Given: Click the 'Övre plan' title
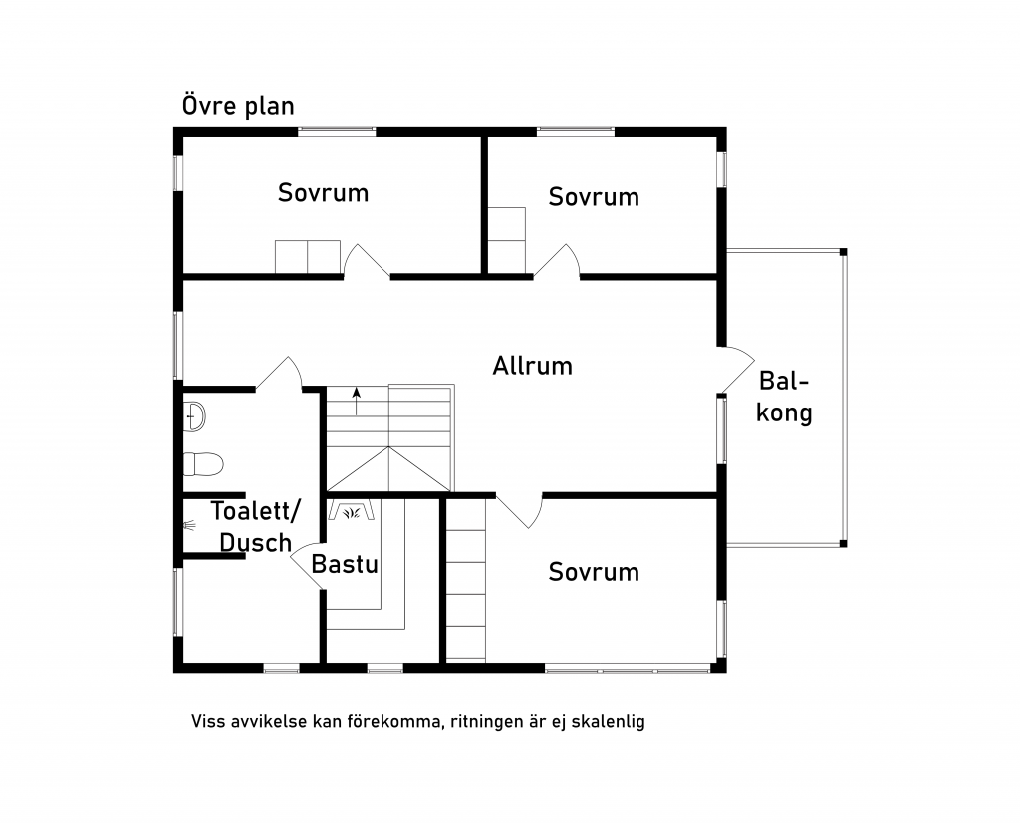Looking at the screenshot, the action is (x=238, y=106).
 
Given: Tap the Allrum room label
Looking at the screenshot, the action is (x=532, y=366).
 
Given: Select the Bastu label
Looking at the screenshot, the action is (x=345, y=564).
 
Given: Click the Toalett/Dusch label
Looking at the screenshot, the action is (x=256, y=526).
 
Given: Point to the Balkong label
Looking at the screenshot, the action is (x=784, y=398).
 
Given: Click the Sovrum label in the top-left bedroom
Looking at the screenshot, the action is (x=324, y=192).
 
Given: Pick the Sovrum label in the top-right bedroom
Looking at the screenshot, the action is (x=594, y=196).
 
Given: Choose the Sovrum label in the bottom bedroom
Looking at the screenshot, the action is (x=594, y=572).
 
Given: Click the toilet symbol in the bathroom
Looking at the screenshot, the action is (x=203, y=464).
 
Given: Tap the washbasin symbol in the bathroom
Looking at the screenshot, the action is (x=194, y=415).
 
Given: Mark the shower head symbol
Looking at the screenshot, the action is (x=189, y=525).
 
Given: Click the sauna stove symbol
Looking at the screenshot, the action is (x=352, y=510).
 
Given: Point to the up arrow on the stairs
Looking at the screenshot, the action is (x=356, y=401).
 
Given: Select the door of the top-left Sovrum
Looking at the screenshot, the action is (x=367, y=261).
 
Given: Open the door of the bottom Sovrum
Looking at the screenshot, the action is (x=519, y=510).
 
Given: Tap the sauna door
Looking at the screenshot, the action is (x=307, y=566).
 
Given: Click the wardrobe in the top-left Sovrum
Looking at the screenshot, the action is (x=308, y=257).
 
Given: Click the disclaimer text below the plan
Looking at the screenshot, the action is (x=418, y=721).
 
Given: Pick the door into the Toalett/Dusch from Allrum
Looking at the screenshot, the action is (x=279, y=375).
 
